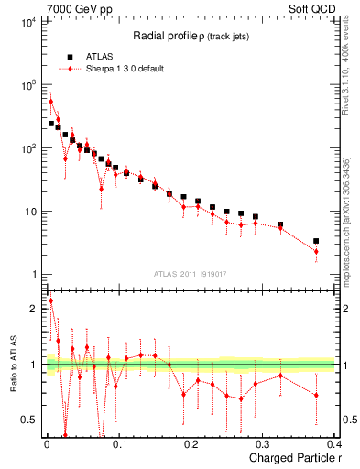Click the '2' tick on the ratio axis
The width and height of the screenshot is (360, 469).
(34, 309)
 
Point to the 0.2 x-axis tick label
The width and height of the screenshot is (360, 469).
(191, 446)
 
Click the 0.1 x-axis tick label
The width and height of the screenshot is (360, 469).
(118, 446)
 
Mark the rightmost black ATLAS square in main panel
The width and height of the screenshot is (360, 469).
(316, 241)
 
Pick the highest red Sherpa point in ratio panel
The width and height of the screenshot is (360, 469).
(50, 300)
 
